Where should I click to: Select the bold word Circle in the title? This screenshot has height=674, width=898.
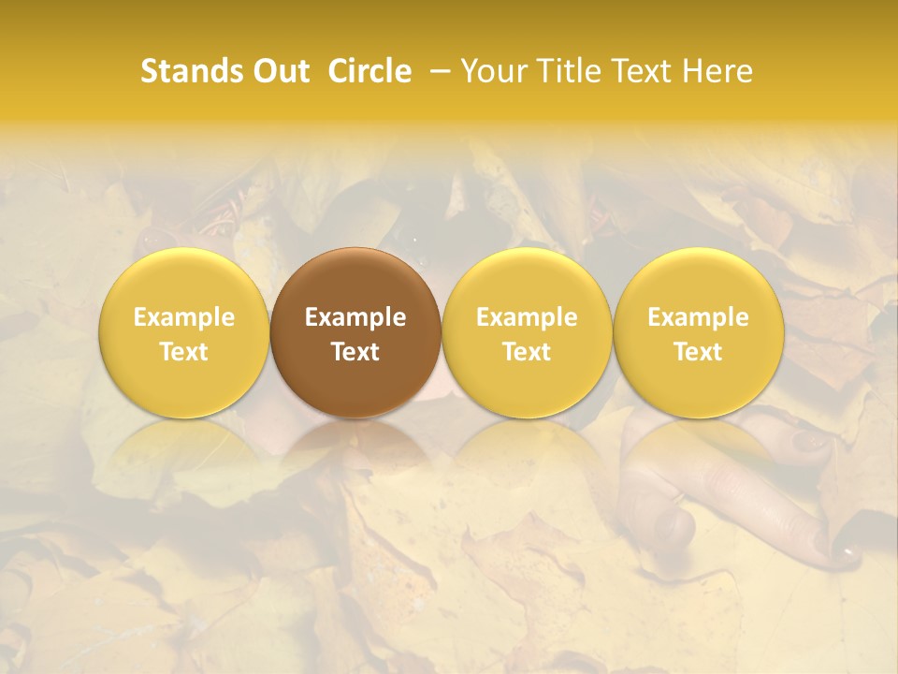click(x=369, y=71)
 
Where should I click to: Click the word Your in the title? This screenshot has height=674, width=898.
click(x=491, y=71)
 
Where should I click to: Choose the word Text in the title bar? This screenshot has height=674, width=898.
click(x=641, y=71)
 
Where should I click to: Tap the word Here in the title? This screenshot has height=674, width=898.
click(x=717, y=71)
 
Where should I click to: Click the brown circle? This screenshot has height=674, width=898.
click(x=355, y=332)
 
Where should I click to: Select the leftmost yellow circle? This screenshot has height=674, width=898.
click(x=183, y=332)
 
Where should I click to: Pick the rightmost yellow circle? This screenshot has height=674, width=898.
click(x=699, y=332)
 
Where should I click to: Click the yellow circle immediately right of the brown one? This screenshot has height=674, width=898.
click(x=527, y=332)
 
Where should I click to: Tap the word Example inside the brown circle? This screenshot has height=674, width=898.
click(x=355, y=317)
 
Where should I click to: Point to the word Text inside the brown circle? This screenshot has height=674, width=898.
click(x=355, y=352)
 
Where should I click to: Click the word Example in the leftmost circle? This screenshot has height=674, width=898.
click(x=183, y=317)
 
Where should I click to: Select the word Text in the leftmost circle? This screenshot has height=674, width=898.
click(x=183, y=352)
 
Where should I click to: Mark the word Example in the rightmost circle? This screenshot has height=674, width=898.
click(x=699, y=317)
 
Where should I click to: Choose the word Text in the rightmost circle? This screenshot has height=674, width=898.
click(x=699, y=352)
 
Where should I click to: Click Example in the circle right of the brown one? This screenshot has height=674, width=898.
click(x=527, y=317)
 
